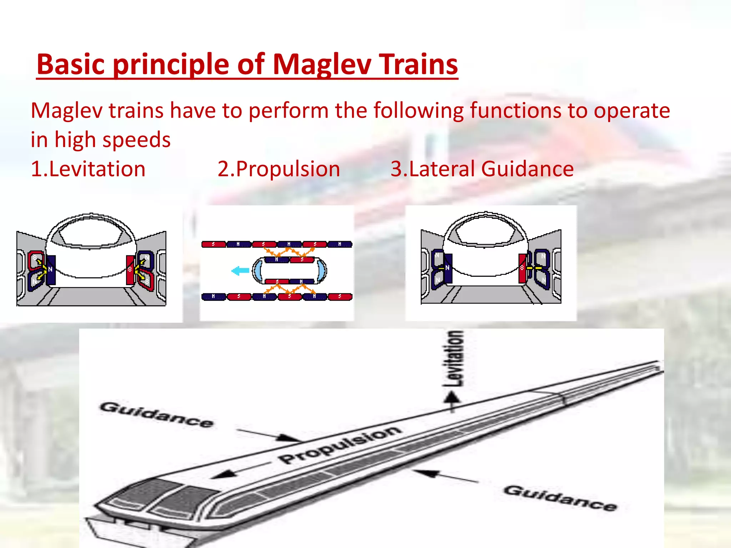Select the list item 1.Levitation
[88, 169]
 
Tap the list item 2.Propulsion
[279, 169]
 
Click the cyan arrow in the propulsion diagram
[240, 270]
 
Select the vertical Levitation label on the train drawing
[454, 358]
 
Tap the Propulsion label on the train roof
[339, 444]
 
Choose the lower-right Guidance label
[560, 498]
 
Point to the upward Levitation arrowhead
[452, 397]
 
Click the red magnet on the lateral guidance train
[522, 268]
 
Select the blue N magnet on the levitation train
[51, 270]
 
